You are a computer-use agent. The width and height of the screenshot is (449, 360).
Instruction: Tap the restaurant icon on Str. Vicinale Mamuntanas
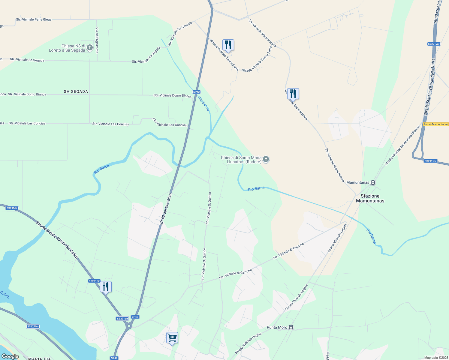click(293, 94)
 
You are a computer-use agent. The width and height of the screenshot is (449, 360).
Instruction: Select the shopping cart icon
click(172, 338)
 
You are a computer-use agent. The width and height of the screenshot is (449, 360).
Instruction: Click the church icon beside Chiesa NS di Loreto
click(89, 48)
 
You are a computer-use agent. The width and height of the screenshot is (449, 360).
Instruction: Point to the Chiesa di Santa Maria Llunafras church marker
click(266, 159)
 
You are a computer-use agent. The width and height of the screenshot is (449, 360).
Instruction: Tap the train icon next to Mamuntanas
click(373, 182)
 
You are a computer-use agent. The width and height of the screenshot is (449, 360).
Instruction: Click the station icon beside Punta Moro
click(291, 327)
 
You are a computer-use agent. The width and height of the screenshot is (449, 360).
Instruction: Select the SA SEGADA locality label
click(76, 91)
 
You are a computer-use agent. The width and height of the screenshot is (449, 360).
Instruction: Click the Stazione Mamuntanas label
click(370, 198)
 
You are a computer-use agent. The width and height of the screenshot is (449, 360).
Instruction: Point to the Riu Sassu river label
click(203, 103)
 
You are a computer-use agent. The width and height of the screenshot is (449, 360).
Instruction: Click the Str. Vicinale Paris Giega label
click(34, 19)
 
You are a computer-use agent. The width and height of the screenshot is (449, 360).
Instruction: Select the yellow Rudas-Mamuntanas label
click(436, 124)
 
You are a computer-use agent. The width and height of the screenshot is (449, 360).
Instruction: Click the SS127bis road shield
click(33, 326)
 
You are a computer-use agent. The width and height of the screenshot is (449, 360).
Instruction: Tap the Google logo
click(10, 356)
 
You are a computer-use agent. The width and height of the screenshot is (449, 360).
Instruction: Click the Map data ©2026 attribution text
click(436, 358)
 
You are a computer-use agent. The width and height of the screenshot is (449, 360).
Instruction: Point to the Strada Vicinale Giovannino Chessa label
click(402, 146)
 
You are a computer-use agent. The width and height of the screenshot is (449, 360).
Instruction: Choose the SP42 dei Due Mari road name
click(166, 209)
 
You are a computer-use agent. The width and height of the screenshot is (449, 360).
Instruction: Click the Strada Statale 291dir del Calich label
click(57, 240)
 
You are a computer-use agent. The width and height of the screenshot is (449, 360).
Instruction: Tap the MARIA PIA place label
click(39, 358)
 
